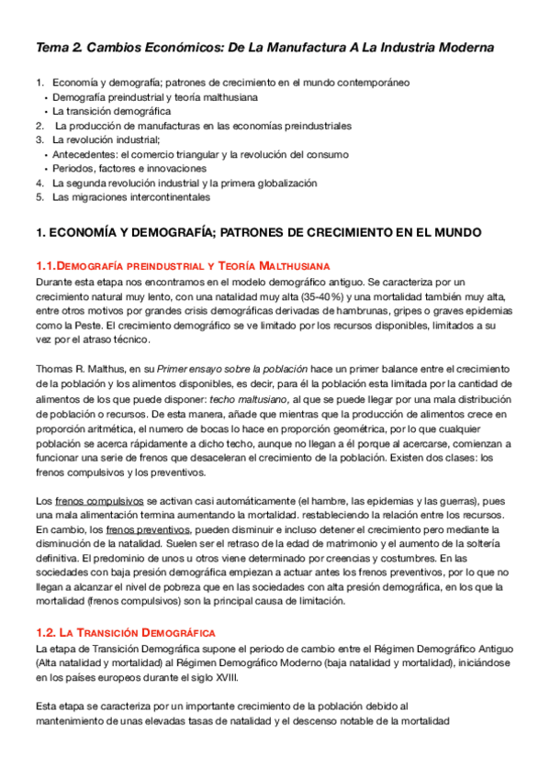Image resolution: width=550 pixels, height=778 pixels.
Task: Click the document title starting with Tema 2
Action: click(264, 47)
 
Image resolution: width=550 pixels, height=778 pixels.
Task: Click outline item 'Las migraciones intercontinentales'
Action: click(130, 196)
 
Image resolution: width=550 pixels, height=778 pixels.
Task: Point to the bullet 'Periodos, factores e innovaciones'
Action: click(129, 168)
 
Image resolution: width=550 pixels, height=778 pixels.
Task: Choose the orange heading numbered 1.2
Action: click(125, 632)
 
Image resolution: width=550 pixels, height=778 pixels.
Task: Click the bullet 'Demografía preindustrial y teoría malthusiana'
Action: click(154, 96)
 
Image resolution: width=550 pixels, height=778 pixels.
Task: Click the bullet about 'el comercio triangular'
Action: click(186, 154)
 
